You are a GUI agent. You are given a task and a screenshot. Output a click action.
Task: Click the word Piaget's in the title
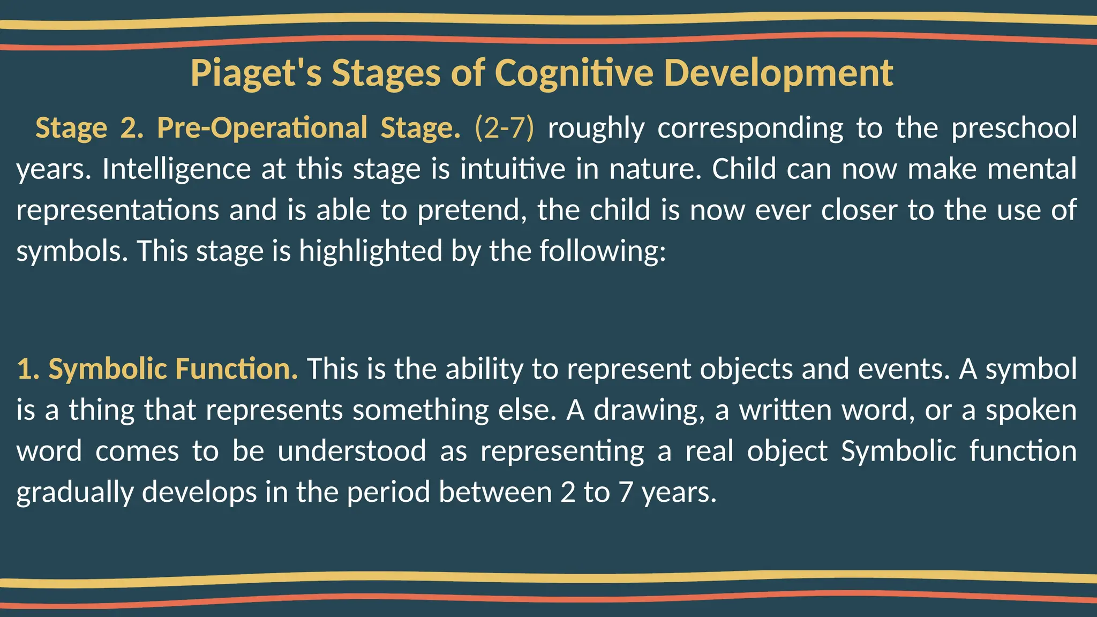pos(256,73)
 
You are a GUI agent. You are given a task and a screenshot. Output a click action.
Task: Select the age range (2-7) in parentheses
pos(504,129)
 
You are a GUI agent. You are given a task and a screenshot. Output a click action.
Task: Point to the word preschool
pos(1014,129)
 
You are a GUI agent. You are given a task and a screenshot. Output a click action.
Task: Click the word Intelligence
pos(176,169)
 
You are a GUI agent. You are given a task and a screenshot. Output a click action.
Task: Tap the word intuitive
pos(513,169)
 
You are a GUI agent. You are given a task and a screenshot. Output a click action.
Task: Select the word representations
pos(118,210)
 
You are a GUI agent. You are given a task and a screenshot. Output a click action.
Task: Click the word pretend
pos(472,210)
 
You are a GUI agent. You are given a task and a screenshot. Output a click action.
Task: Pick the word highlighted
pos(371,251)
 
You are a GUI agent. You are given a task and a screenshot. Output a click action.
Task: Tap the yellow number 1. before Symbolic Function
pos(28,370)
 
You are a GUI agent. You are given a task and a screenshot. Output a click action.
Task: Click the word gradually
pos(75,492)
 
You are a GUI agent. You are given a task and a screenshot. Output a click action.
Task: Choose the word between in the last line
pos(495,492)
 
